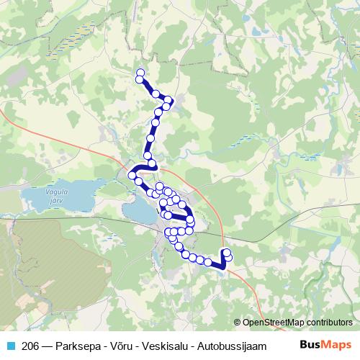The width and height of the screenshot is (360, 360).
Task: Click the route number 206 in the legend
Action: [30, 346]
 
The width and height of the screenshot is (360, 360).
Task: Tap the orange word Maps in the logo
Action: [337, 345]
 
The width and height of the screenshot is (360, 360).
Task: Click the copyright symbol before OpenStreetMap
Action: [238, 322]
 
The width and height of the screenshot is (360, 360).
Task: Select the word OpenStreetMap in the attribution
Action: [274, 322]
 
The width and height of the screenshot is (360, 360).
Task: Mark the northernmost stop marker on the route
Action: [140, 71]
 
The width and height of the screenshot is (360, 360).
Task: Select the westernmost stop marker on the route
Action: [132, 175]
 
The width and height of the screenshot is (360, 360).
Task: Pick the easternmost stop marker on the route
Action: [228, 257]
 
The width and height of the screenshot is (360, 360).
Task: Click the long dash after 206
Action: [47, 346]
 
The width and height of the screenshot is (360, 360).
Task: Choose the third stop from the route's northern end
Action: [155, 94]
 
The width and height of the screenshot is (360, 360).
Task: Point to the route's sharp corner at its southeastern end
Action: [223, 269]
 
